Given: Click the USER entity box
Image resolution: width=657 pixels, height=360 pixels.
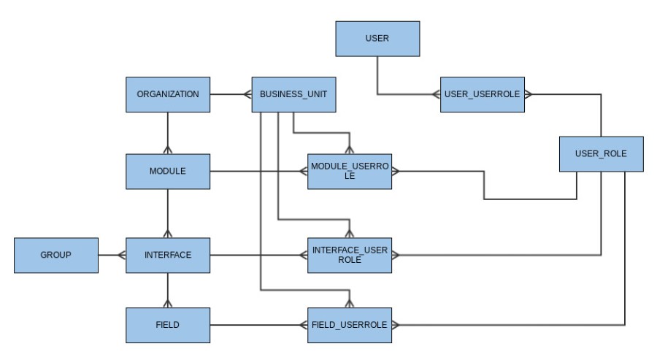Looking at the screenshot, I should (x=377, y=39).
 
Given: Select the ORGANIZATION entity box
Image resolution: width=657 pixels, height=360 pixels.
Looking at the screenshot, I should (x=168, y=94).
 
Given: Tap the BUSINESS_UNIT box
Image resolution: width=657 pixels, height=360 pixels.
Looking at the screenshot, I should (x=293, y=94).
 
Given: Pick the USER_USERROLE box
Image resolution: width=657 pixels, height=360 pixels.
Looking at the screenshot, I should (x=483, y=94).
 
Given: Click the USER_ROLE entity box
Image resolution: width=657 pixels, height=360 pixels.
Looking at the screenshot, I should (x=601, y=154).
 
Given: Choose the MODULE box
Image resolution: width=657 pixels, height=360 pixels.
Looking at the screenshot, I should (x=168, y=172).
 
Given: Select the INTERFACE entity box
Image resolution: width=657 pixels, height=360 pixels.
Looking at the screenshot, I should (x=168, y=255).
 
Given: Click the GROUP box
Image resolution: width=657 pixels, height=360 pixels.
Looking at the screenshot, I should (x=56, y=255).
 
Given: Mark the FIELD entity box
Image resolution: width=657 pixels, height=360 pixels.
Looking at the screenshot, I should (x=168, y=324).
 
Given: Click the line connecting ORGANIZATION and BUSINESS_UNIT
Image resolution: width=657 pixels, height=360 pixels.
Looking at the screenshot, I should (x=230, y=94).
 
